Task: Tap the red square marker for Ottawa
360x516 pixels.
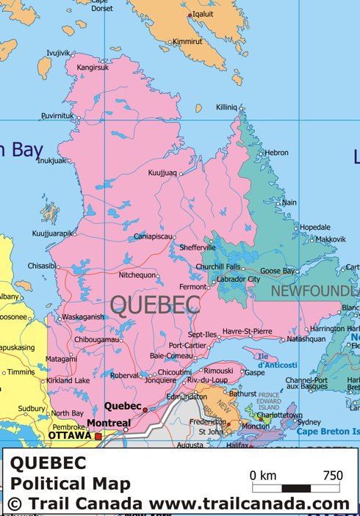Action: pyautogui.click(x=98, y=436)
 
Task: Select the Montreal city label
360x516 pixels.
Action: pyautogui.click(x=108, y=424)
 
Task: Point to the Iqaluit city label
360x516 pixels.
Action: pyautogui.click(x=203, y=14)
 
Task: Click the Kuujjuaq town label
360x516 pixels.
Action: pyautogui.click(x=163, y=173)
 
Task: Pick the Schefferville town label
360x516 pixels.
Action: pyautogui.click(x=197, y=247)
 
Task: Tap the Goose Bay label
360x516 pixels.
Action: pyautogui.click(x=277, y=271)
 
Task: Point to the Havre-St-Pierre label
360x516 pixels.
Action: pyautogui.click(x=247, y=332)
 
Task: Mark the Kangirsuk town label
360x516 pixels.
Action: pyautogui.click(x=93, y=68)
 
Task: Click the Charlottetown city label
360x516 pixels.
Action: pyautogui.click(x=279, y=415)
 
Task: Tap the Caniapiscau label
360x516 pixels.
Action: pyautogui.click(x=154, y=236)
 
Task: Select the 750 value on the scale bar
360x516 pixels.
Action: pyautogui.click(x=332, y=475)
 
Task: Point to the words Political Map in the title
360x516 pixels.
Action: pyautogui.click(x=70, y=484)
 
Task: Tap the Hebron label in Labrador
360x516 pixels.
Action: pyautogui.click(x=277, y=153)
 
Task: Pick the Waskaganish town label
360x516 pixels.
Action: pyautogui.click(x=83, y=317)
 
